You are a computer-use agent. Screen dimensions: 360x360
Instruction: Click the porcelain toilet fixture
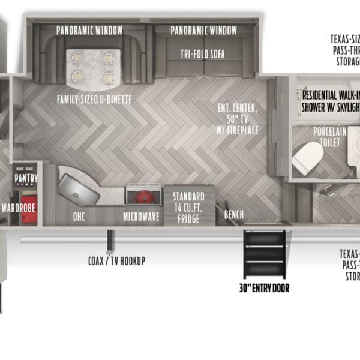coord(308,158)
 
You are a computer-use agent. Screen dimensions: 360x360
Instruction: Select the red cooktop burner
coord(144,196)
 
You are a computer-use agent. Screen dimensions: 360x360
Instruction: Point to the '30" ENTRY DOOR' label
coord(263,288)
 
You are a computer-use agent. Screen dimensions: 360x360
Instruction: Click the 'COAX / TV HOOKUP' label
coord(116,261)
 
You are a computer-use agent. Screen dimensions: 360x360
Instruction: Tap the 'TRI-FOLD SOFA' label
coord(202,54)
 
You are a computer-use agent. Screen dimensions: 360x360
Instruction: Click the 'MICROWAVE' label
coord(141,217)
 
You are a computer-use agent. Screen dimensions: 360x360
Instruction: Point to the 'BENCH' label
coord(234,214)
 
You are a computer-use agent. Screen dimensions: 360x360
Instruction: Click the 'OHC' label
coord(79,217)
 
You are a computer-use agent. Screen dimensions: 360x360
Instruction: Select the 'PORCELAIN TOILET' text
coord(326,136)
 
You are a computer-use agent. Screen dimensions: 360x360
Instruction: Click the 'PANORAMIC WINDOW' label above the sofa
coord(203,31)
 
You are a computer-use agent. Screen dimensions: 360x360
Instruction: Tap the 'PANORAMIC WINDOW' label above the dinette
coord(89,31)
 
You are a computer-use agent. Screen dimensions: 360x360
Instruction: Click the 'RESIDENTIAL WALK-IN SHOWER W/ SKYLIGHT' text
coord(331,101)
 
